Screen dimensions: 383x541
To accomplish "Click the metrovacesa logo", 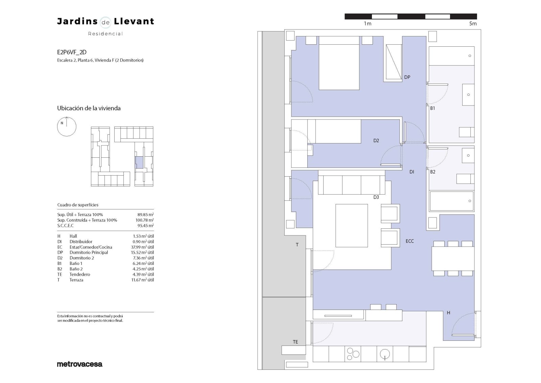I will (x=79, y=364).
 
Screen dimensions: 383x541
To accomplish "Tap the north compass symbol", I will (x=67, y=127).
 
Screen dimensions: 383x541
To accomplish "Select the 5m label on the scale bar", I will (x=473, y=24).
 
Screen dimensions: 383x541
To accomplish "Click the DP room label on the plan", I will (x=407, y=77).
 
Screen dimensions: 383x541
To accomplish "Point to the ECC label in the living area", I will (x=409, y=241).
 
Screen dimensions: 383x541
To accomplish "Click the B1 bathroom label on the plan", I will (x=432, y=108).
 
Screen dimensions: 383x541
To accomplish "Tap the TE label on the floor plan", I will (x=295, y=342).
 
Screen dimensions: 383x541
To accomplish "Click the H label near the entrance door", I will (x=448, y=313).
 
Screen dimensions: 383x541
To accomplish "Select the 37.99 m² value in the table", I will (x=142, y=247).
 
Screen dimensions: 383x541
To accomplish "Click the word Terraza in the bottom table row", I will (x=76, y=280).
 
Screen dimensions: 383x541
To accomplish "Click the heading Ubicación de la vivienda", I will (x=89, y=108).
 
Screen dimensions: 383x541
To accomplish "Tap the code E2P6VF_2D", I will (x=72, y=52).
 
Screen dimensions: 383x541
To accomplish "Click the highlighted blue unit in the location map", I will (x=139, y=162).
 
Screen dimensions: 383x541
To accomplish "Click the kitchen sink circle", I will (x=385, y=354).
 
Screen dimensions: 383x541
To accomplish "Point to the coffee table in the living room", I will (x=352, y=225).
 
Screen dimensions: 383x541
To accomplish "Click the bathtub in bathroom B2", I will (x=451, y=201).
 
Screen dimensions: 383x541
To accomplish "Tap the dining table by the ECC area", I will (x=453, y=258).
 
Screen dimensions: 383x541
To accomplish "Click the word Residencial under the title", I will (x=105, y=34).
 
